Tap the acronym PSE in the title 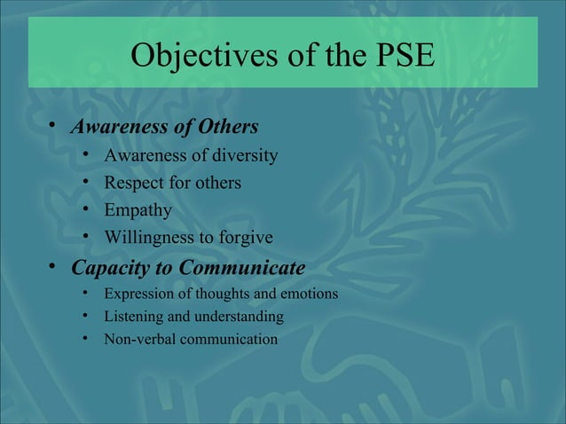(399, 55)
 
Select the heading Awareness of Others (164, 126)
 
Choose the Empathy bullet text (138, 211)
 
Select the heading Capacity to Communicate (188, 267)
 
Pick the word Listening (132, 317)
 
